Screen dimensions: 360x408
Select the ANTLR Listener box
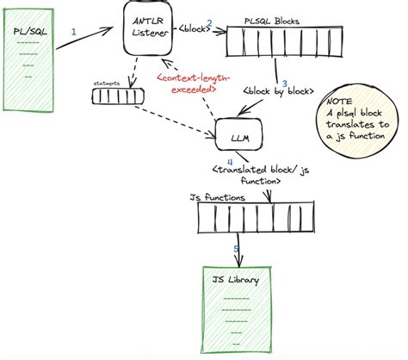coord(148,31)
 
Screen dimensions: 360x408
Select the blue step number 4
coord(229,160)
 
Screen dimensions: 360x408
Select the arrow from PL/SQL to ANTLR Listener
coord(90,41)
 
